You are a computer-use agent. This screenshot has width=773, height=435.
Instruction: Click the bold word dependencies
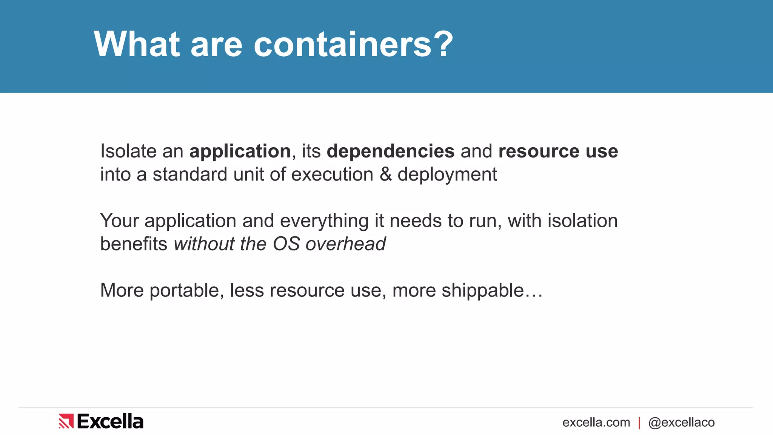coord(391,152)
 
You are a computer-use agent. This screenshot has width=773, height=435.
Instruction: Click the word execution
coord(332,175)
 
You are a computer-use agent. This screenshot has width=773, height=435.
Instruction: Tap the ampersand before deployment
coord(385,174)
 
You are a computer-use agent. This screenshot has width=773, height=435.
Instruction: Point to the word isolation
coord(582,221)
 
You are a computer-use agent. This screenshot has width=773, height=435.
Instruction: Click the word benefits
coord(134,244)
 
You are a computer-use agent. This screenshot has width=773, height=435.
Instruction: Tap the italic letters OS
coord(286,244)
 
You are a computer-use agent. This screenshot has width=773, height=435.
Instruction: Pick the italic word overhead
coord(346,244)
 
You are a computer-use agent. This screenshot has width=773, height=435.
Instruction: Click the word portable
coord(184,291)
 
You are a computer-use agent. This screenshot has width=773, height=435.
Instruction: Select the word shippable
coord(483,291)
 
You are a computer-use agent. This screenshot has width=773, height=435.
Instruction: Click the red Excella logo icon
coord(66,421)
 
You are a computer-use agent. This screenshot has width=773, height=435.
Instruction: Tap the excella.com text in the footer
coord(596,423)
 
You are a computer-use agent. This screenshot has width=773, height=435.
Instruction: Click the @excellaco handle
coord(681,423)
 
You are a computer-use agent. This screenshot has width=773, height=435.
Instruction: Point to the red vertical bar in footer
coord(639,423)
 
